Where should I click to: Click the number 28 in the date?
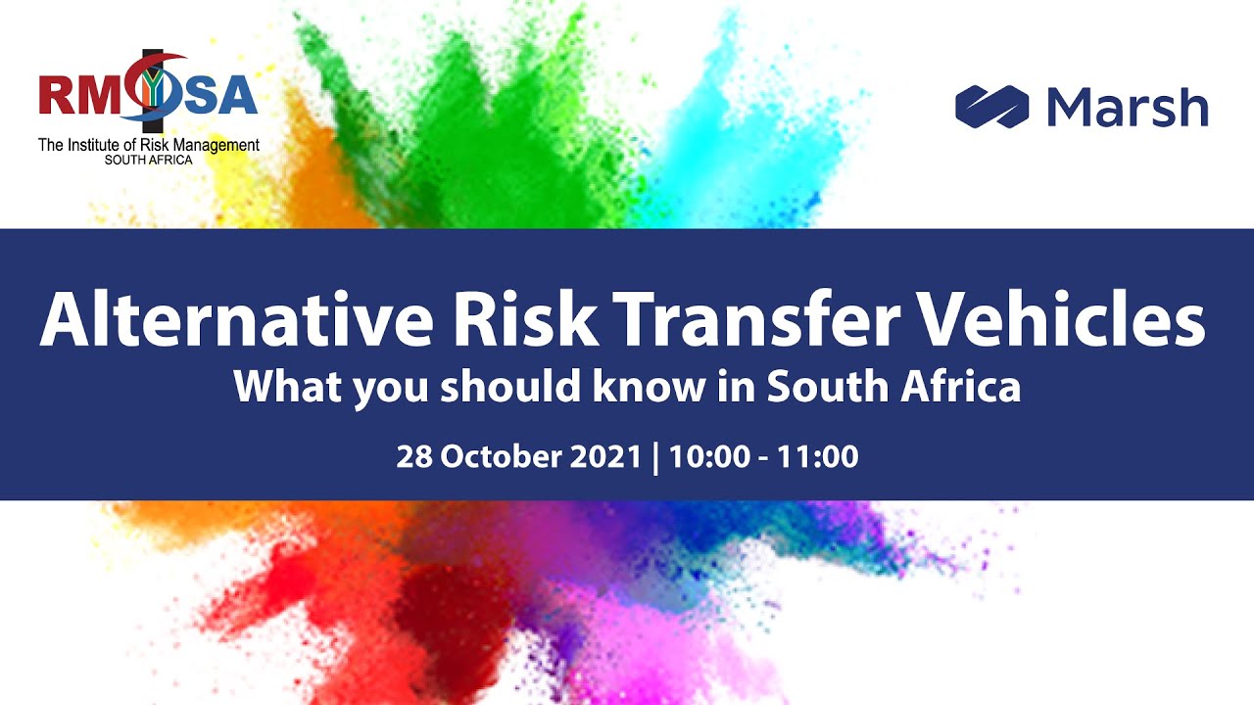coord(413,456)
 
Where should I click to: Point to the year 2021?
coord(604,456)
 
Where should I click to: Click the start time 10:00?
coord(705,456)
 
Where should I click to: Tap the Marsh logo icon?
coord(991,106)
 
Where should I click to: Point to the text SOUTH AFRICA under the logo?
coord(150,160)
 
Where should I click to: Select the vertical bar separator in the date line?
coord(655,456)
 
